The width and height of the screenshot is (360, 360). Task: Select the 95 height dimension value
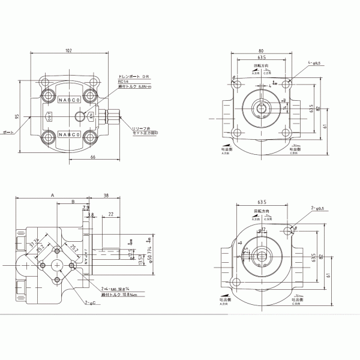(x=19, y=116)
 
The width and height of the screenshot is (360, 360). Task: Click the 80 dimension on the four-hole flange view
(x=261, y=51)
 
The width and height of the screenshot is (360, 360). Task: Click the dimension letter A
(x=52, y=196)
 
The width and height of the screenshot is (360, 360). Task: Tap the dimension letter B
(x=73, y=203)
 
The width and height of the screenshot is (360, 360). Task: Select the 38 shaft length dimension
(x=106, y=196)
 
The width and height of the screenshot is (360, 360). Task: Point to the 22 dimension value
(x=112, y=214)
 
